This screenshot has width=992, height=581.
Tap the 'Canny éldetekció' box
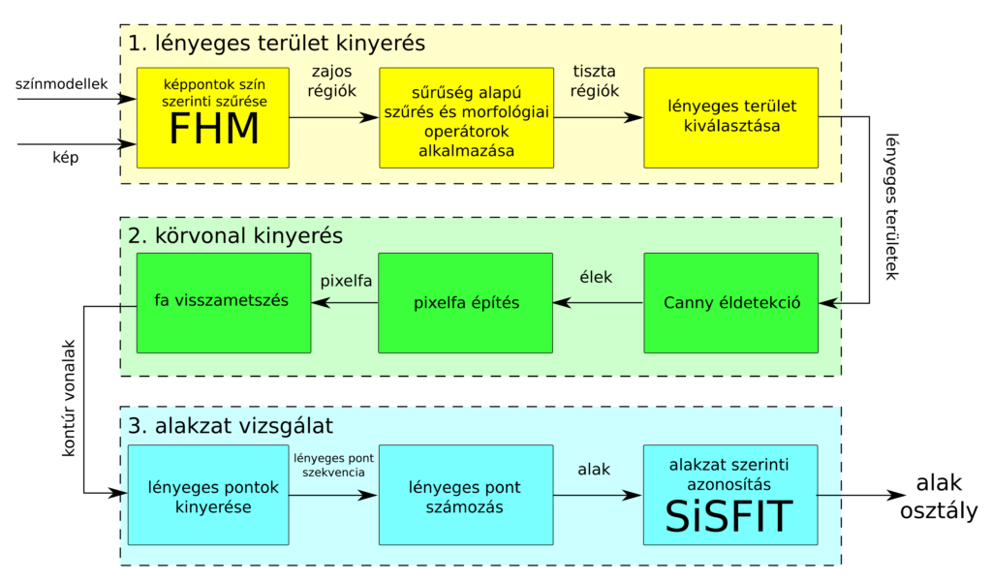tap(730, 303)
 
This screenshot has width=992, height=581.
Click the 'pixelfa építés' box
tap(464, 303)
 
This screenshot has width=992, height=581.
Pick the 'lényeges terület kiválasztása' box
tap(730, 116)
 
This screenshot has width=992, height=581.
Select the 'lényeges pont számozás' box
tap(464, 494)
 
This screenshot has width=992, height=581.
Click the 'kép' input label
tap(65, 156)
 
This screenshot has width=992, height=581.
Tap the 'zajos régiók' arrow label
tap(333, 80)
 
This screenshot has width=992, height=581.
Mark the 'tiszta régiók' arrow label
tap(594, 80)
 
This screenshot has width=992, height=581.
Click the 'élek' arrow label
tap(596, 278)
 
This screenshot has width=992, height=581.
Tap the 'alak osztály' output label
tap(939, 497)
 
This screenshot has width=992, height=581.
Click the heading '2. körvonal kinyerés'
tap(235, 235)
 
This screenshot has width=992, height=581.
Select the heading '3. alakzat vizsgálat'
tap(232, 425)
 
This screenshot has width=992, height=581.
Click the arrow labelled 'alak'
tap(594, 470)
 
